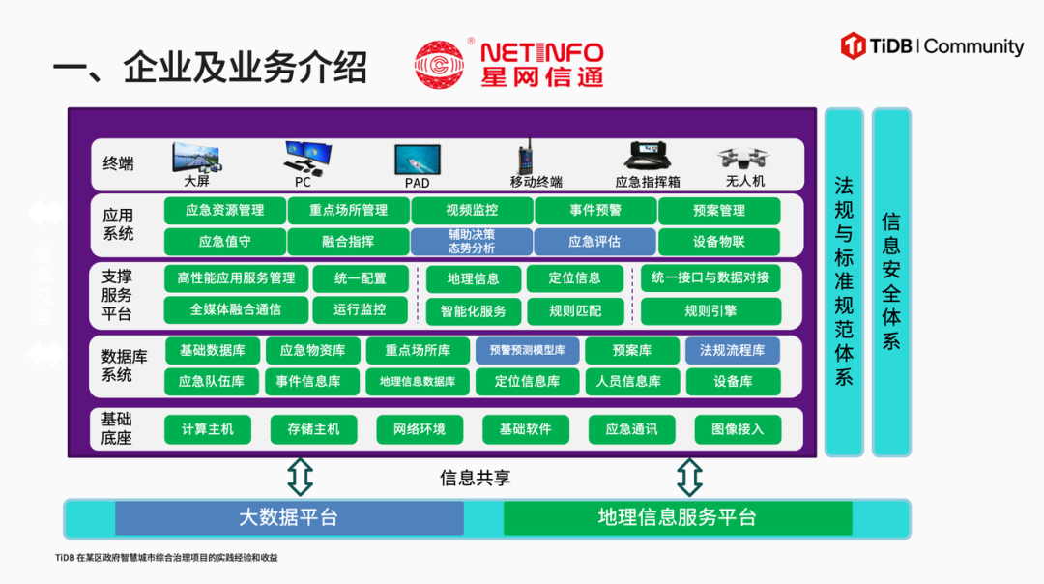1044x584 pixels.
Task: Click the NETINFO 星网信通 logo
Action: tap(508, 64)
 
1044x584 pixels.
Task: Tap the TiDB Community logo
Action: tap(932, 46)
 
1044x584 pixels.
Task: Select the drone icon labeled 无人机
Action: tap(743, 159)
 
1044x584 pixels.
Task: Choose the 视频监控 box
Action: tap(472, 211)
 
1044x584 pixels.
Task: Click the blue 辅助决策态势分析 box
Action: tap(472, 242)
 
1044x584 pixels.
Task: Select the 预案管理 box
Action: tap(719, 211)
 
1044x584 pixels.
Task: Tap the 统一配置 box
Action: tap(361, 278)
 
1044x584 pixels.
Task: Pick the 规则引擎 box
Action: tap(710, 310)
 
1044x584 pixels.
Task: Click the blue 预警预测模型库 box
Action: tap(527, 350)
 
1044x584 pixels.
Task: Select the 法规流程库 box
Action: tap(733, 350)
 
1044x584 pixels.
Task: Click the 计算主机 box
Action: tap(208, 429)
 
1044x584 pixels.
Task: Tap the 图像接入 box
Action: tap(738, 429)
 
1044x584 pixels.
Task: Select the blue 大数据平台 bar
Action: tap(289, 518)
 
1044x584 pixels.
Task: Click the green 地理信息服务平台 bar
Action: tap(678, 518)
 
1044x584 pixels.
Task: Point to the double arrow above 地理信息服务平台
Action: tap(689, 477)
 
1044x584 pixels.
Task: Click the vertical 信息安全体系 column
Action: tap(891, 281)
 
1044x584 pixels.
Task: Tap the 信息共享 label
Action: tap(476, 478)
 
